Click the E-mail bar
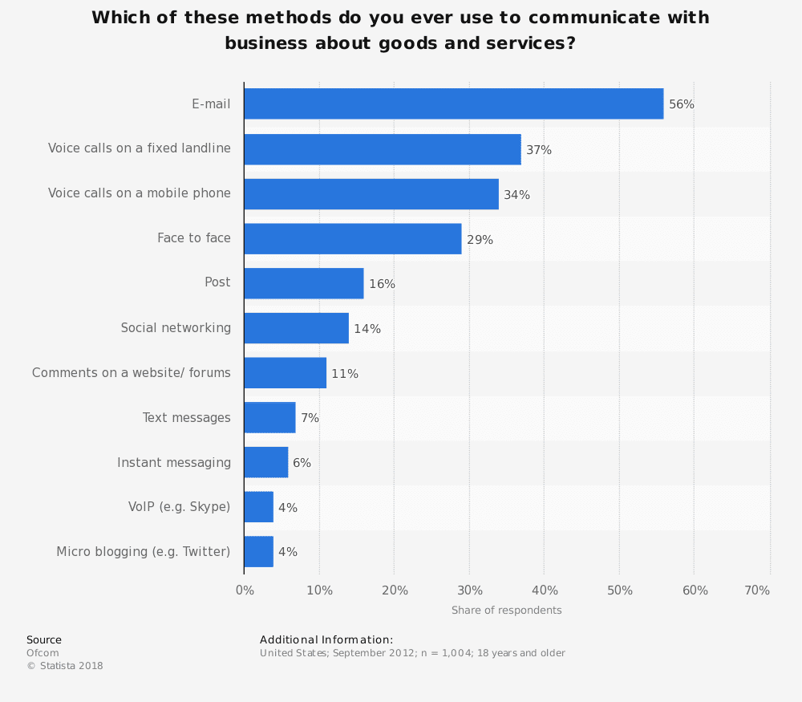pos(453,103)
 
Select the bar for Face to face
pos(352,238)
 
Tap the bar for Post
pos(303,283)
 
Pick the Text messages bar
pos(269,417)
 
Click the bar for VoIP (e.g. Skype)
pos(258,507)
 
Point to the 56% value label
pos(682,104)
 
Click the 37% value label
pos(539,150)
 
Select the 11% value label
pos(345,374)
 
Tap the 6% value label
pos(302,463)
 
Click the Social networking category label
pos(176,327)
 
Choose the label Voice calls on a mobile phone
pos(139,193)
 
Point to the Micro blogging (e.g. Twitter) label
pos(143,551)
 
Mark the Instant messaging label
pos(174,462)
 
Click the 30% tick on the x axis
pos(470,590)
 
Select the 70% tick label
pos(757,590)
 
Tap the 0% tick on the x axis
pos(245,590)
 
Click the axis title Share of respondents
pos(506,611)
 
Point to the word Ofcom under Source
pos(43,653)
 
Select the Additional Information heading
pos(326,639)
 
